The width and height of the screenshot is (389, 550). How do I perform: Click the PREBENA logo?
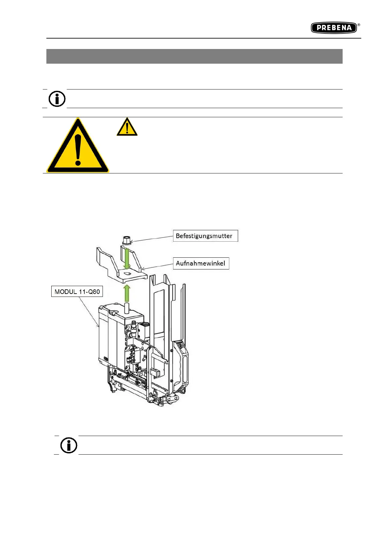tap(333, 28)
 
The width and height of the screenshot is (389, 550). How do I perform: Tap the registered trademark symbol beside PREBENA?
tap(359, 24)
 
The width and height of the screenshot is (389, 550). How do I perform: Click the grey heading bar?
tap(194, 56)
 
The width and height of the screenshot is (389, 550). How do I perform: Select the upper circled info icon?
tap(57, 98)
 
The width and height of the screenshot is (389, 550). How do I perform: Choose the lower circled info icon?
tap(69, 445)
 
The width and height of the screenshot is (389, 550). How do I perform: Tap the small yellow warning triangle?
tap(127, 127)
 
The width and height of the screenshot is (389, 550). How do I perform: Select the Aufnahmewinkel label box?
tap(201, 263)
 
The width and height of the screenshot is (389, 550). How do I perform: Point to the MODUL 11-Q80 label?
tap(77, 292)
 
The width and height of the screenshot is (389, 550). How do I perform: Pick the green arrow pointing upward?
tap(127, 293)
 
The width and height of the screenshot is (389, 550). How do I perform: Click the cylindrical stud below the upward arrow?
tap(127, 308)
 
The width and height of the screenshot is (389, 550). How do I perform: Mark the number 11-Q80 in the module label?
tap(89, 292)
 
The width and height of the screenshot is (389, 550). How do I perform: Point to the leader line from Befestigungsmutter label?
tap(152, 239)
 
